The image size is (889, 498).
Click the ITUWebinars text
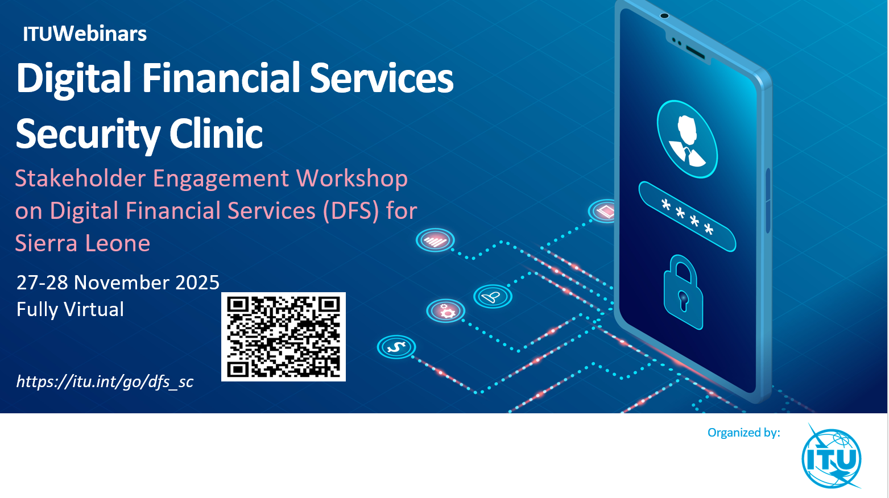pyautogui.click(x=85, y=34)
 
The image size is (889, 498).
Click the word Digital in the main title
pyautogui.click(x=73, y=78)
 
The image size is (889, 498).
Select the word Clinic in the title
pyautogui.click(x=216, y=134)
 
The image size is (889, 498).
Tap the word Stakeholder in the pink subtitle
pyautogui.click(x=80, y=178)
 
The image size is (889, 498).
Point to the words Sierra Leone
pyautogui.click(x=82, y=243)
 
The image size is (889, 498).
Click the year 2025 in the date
pyautogui.click(x=197, y=283)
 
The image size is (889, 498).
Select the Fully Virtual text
pyautogui.click(x=71, y=309)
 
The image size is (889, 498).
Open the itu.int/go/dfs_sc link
pyautogui.click(x=105, y=381)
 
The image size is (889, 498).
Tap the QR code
pyautogui.click(x=283, y=337)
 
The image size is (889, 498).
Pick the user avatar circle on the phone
pyautogui.click(x=687, y=139)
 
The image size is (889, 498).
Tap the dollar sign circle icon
pyautogui.click(x=396, y=347)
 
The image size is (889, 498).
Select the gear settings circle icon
pyautogui.click(x=446, y=311)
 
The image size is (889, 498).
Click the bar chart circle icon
pyautogui.click(x=435, y=240)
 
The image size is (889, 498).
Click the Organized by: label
pyautogui.click(x=744, y=433)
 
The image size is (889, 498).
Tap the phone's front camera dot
pyautogui.click(x=664, y=16)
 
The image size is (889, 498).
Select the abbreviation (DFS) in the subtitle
pyautogui.click(x=351, y=211)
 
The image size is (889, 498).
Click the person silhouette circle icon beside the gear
pyautogui.click(x=493, y=296)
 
